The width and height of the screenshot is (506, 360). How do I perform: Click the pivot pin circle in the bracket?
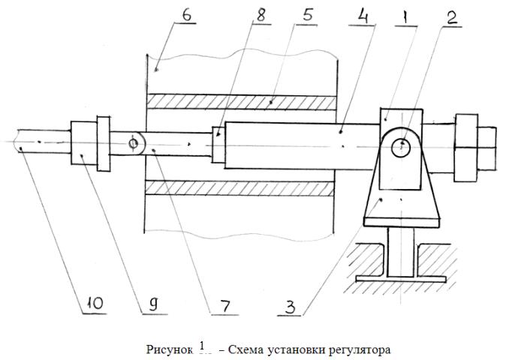(x=401, y=145)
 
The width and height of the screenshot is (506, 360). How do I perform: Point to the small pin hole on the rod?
(x=133, y=142)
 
